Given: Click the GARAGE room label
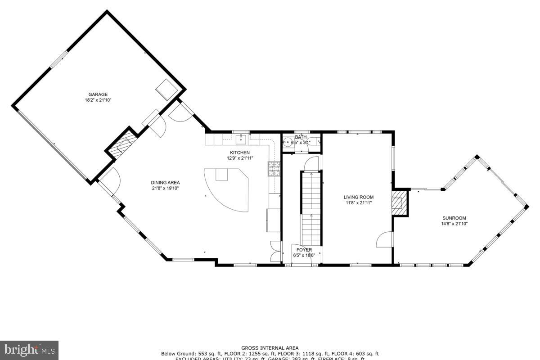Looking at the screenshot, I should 98,94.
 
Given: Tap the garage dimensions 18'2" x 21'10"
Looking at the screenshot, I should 98,100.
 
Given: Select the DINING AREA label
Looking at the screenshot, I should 165,182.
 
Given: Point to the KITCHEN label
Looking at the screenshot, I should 240,153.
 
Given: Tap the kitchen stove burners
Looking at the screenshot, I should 274,168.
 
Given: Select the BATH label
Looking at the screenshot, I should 300,137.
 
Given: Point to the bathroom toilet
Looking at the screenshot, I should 315,142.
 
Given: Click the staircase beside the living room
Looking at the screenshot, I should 311,207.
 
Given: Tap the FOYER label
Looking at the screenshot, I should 304,250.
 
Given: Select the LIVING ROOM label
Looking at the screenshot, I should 359,197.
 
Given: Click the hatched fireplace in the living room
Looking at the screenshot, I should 399,202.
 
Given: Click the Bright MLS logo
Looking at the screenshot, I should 29,350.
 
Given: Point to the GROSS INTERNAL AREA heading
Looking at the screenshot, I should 270,348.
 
